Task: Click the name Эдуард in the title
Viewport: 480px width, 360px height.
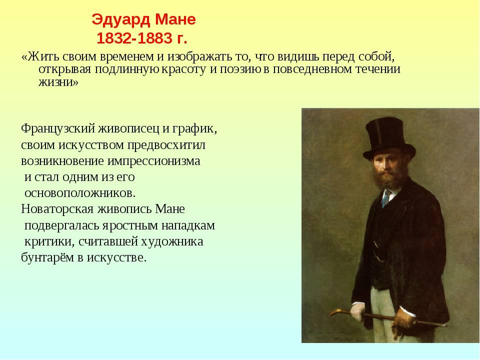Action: [121, 20]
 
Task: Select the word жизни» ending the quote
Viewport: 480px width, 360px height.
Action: [58, 82]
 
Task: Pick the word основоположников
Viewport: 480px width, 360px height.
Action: [79, 193]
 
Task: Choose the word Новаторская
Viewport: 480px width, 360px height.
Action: [57, 209]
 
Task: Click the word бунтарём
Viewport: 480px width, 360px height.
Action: [47, 257]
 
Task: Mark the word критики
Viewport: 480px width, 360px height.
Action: [49, 242]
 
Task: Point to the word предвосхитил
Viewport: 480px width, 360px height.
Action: [166, 145]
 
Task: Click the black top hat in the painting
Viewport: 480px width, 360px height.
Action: [389, 137]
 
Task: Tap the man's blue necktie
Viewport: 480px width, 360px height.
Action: [385, 198]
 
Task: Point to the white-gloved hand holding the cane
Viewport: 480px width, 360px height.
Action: [357, 312]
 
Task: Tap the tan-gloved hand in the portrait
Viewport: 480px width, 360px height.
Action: [402, 321]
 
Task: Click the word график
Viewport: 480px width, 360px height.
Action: [194, 129]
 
